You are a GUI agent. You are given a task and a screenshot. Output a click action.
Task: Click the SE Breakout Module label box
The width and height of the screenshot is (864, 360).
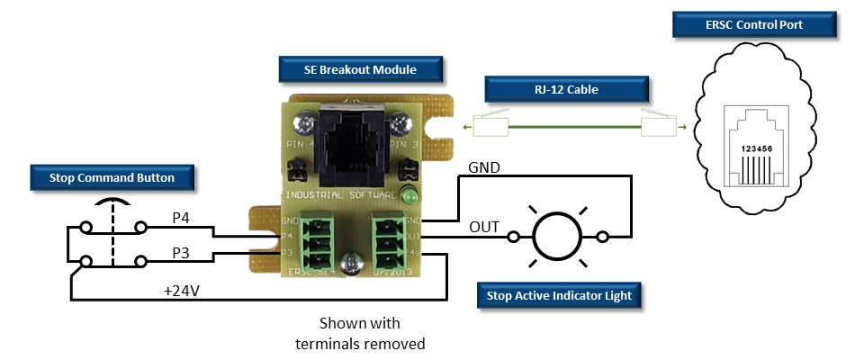(x=347, y=67)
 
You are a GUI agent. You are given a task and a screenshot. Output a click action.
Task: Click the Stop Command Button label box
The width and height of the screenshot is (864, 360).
(x=112, y=178)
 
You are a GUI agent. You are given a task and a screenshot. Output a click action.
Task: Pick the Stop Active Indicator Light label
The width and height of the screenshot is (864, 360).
(x=559, y=295)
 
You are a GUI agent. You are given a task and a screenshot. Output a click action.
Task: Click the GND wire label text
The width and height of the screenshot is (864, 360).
(x=484, y=168)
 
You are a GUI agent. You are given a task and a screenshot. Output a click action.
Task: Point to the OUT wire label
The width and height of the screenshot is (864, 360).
(x=483, y=226)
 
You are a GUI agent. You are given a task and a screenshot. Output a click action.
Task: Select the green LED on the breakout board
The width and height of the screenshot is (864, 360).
(x=409, y=196)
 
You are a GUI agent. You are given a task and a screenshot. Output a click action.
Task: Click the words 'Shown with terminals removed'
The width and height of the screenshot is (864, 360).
(x=359, y=332)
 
